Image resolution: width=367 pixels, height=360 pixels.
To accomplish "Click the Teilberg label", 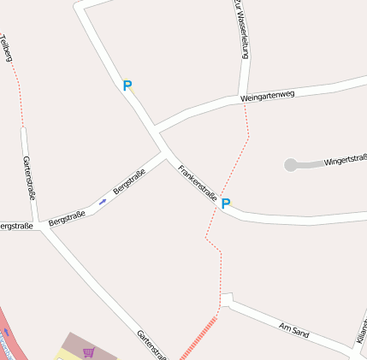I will pos(8,48).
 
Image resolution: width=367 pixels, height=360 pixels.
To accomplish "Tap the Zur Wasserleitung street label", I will pos(241,28).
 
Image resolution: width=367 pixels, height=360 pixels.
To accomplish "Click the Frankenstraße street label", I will pos(197,181).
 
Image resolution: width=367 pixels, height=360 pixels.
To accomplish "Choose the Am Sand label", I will pos(293,329).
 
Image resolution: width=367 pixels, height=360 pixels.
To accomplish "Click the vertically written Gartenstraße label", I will pos(29,178).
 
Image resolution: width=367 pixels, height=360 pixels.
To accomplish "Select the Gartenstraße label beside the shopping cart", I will pos(151,345).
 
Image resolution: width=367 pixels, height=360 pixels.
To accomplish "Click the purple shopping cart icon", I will pos(88,351).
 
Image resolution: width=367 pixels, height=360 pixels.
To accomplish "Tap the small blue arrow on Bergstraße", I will pos(103,202).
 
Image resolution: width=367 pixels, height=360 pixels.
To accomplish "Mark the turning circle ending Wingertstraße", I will pos(291,164).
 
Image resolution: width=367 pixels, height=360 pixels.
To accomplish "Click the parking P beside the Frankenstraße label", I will pos(226,204).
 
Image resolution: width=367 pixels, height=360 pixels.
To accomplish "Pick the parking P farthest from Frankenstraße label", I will pos(127,86).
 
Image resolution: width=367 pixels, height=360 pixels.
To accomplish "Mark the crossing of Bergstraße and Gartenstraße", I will pos(40,227).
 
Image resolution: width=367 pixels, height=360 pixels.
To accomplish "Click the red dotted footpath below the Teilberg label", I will pos(17,90).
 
